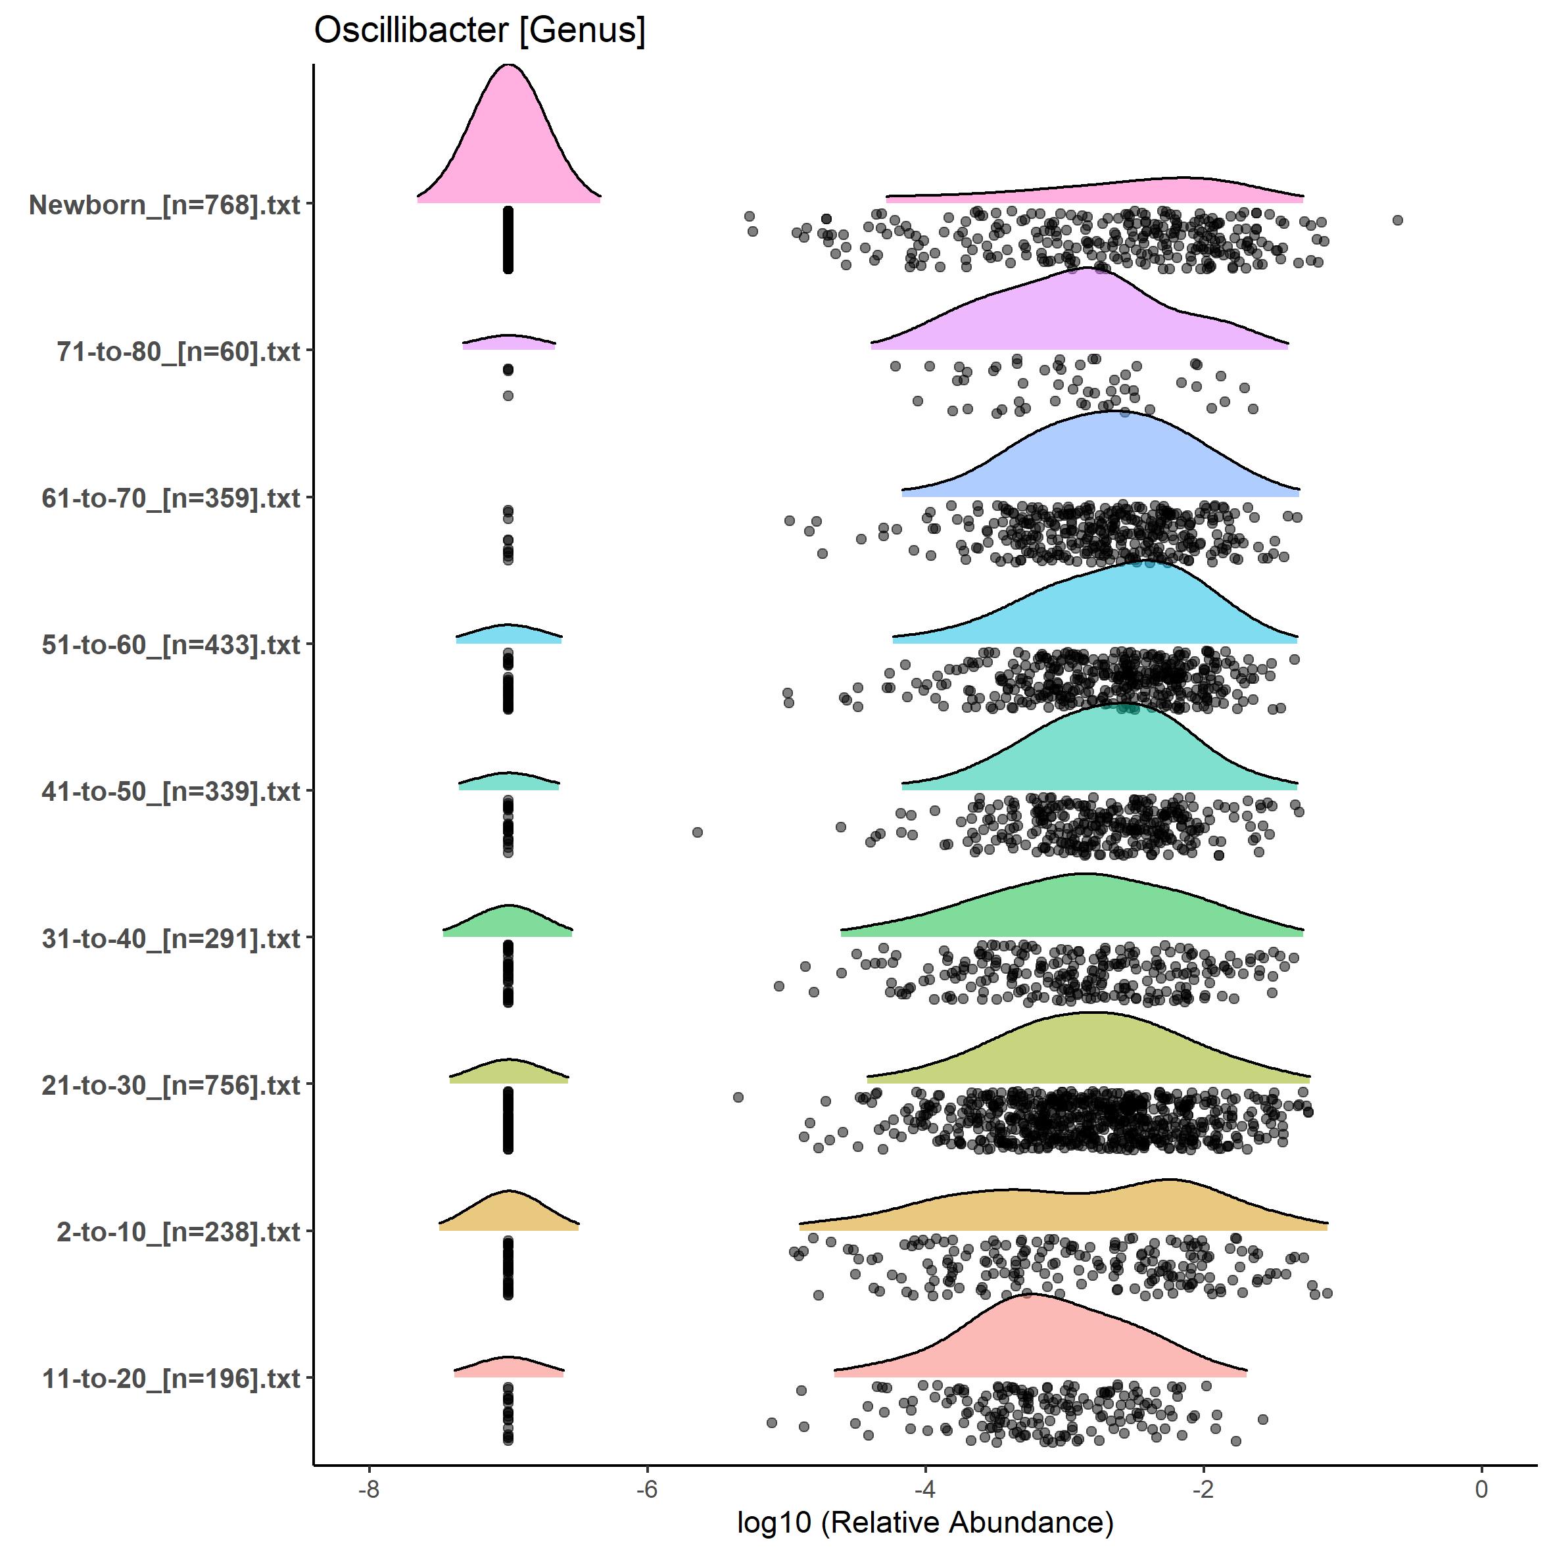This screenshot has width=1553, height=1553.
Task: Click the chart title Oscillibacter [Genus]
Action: [479, 30]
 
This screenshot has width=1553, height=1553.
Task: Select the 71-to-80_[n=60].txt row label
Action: [178, 351]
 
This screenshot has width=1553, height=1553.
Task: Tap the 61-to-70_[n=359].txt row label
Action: [170, 498]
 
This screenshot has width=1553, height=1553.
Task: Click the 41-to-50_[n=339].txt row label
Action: [170, 792]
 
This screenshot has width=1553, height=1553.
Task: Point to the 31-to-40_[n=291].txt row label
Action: [170, 938]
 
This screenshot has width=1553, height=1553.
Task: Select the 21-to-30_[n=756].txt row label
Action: [170, 1085]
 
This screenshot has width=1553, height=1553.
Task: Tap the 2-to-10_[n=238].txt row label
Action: [178, 1231]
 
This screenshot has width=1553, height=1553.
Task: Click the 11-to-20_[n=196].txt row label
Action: [170, 1379]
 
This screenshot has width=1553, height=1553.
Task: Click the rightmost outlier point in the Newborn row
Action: [1398, 220]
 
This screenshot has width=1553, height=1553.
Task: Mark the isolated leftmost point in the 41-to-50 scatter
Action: [698, 832]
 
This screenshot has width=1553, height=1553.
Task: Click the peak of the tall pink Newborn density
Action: [509, 68]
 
